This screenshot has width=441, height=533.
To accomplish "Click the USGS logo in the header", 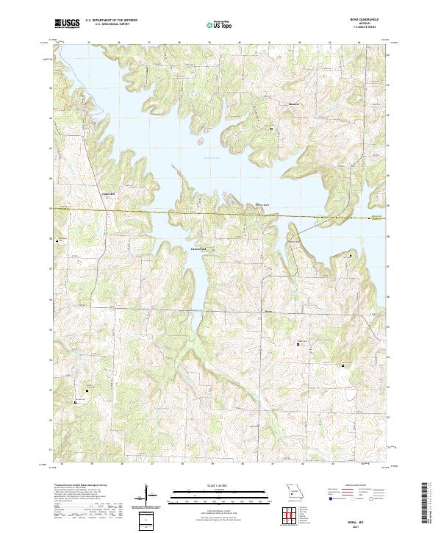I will tap(68, 24).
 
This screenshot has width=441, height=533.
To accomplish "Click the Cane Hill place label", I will tap(108, 194).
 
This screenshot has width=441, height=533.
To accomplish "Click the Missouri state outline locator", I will tap(294, 491).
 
